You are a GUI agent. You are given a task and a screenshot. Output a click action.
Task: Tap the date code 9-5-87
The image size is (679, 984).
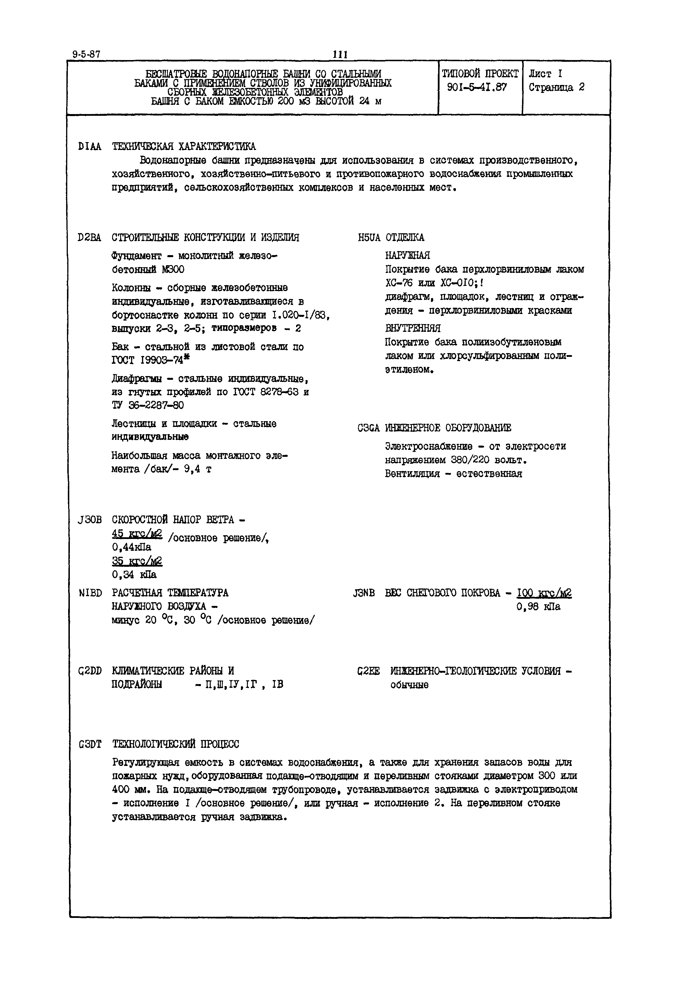[x=86, y=54]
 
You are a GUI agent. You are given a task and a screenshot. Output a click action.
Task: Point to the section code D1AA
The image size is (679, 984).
[x=90, y=147]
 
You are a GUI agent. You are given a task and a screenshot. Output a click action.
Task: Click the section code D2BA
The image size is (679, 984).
[x=90, y=237]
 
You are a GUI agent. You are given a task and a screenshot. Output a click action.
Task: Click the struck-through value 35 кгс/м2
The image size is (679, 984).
[x=137, y=561]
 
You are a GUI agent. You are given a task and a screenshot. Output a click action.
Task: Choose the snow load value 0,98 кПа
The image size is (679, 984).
[x=538, y=607]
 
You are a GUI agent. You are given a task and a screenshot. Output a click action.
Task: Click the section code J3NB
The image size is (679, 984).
[x=364, y=593]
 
